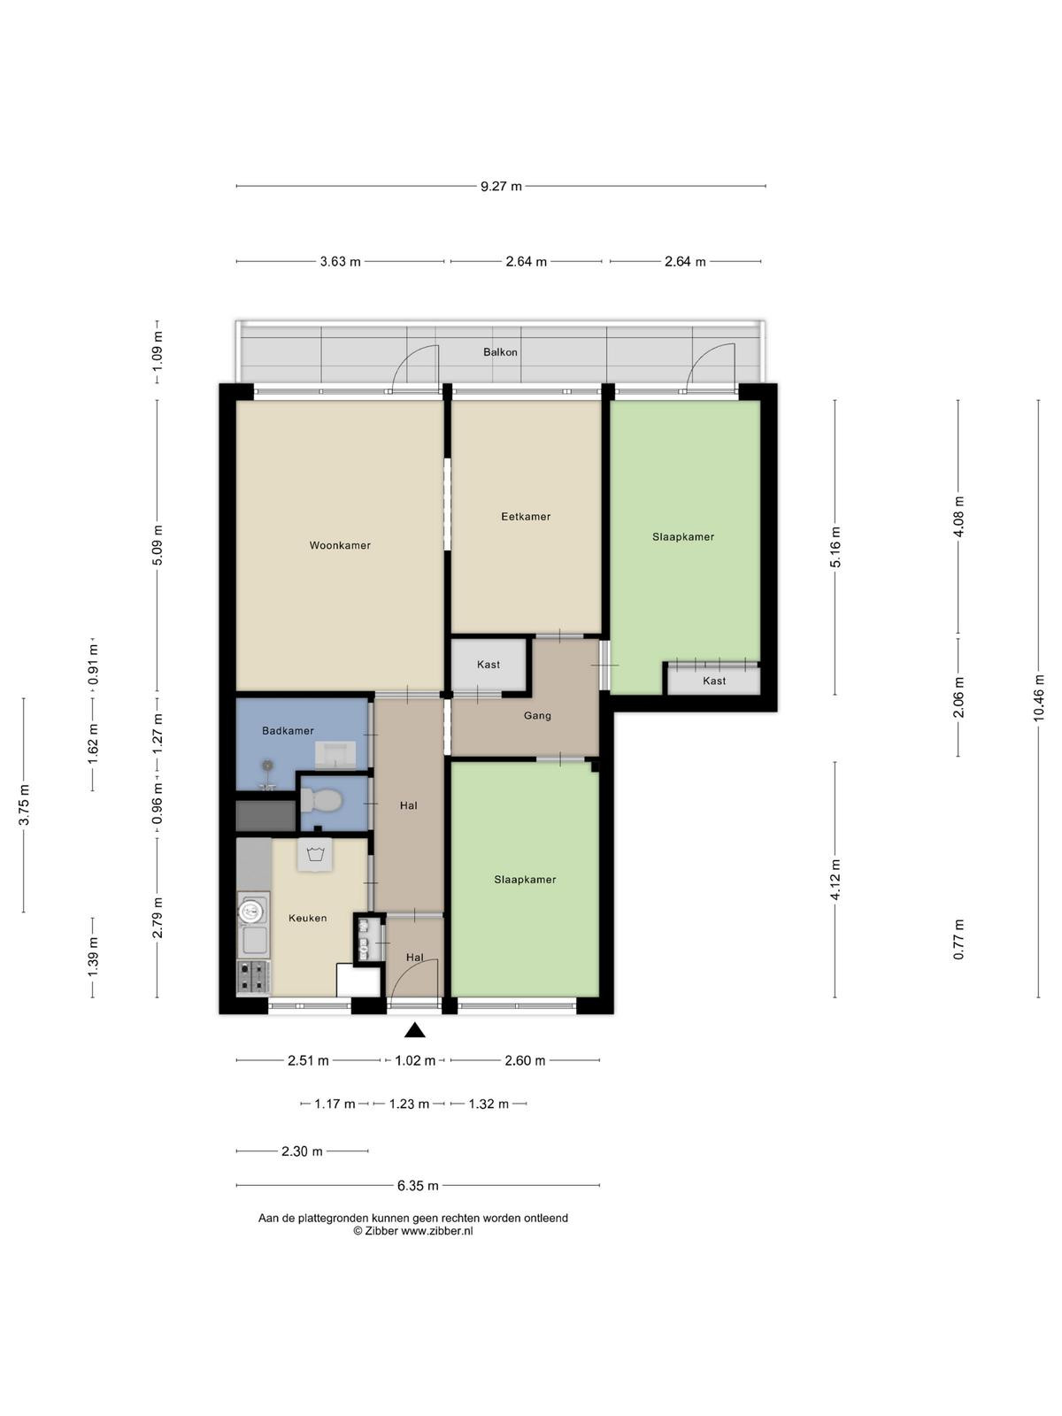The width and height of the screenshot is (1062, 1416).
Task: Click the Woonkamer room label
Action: coord(340,545)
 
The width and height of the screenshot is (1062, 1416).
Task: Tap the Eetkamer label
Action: coord(526,516)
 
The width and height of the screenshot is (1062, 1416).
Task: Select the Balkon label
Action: coord(500,352)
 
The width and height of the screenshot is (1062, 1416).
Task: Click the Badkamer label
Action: coord(288,730)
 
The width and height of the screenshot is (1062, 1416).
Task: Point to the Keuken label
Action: coord(308,918)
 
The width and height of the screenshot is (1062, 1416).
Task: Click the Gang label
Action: coord(537,715)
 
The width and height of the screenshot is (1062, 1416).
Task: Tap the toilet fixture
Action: coord(320,803)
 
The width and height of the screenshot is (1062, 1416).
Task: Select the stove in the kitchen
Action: coord(253,976)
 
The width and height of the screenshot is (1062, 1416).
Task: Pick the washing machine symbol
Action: coord(315,855)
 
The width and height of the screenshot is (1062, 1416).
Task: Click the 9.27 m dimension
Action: coord(501,187)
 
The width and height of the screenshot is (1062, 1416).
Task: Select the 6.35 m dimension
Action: coord(418,1185)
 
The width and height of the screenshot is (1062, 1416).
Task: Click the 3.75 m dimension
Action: coord(24,804)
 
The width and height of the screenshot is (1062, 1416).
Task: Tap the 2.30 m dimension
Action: coord(302,1150)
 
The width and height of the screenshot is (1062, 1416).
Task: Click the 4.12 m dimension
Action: coord(835,880)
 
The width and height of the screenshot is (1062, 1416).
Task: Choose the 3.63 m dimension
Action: coord(341,261)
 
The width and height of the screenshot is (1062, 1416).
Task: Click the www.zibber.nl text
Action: coord(437,1230)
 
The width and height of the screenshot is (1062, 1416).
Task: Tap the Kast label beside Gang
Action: coord(489,665)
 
